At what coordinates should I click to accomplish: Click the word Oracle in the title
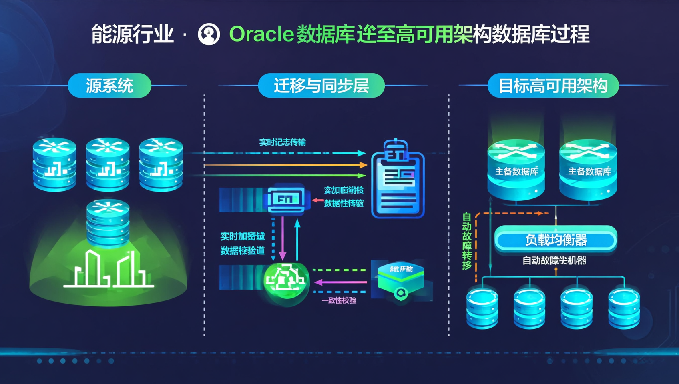tap(261, 34)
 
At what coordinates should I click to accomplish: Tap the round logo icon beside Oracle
tap(209, 34)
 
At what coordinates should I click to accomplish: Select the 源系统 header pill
tap(109, 86)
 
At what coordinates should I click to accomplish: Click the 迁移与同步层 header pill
tap(321, 86)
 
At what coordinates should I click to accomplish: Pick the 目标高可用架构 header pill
tap(553, 86)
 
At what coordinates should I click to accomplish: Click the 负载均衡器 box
tap(556, 240)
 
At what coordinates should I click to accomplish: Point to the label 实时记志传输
tap(282, 142)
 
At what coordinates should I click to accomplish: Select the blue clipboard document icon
tap(398, 180)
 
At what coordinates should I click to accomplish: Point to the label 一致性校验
tap(339, 300)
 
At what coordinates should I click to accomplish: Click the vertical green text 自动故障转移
tap(467, 241)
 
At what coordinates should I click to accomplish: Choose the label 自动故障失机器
tap(554, 261)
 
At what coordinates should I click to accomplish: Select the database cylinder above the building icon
tap(108, 222)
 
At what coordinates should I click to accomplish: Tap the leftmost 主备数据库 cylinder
tap(516, 170)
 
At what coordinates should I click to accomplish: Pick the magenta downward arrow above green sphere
tap(283, 238)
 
